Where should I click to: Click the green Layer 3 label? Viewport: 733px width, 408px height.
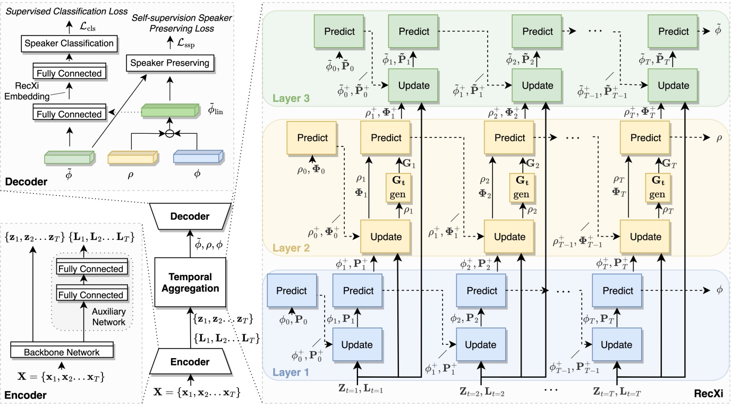click(x=291, y=98)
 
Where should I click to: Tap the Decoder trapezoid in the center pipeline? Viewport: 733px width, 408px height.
click(x=190, y=216)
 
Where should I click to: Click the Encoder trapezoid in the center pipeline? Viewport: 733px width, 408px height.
click(x=190, y=362)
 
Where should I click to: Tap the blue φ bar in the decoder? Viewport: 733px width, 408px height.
click(x=197, y=158)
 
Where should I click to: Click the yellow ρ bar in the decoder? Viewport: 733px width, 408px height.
click(x=133, y=158)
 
